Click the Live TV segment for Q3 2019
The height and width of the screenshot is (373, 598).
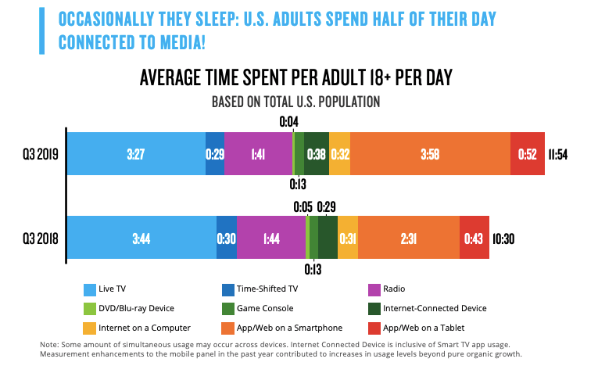tap(135, 153)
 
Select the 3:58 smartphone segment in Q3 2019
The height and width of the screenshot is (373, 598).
tap(429, 153)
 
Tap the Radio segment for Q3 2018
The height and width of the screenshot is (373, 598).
tap(270, 238)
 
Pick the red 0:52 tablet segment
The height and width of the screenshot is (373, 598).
tap(528, 153)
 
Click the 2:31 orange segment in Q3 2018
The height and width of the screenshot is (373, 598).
tap(408, 238)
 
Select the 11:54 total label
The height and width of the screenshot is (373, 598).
tap(557, 154)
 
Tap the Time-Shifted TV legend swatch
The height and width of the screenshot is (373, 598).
tap(228, 289)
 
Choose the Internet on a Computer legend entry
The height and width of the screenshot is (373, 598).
tap(136, 328)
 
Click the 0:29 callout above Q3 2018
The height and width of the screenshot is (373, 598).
tap(326, 206)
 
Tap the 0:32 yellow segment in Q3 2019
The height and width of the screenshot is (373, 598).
tap(339, 153)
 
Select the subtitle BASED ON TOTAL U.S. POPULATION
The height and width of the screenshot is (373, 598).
tap(295, 102)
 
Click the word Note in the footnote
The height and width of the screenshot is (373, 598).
tap(50, 345)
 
